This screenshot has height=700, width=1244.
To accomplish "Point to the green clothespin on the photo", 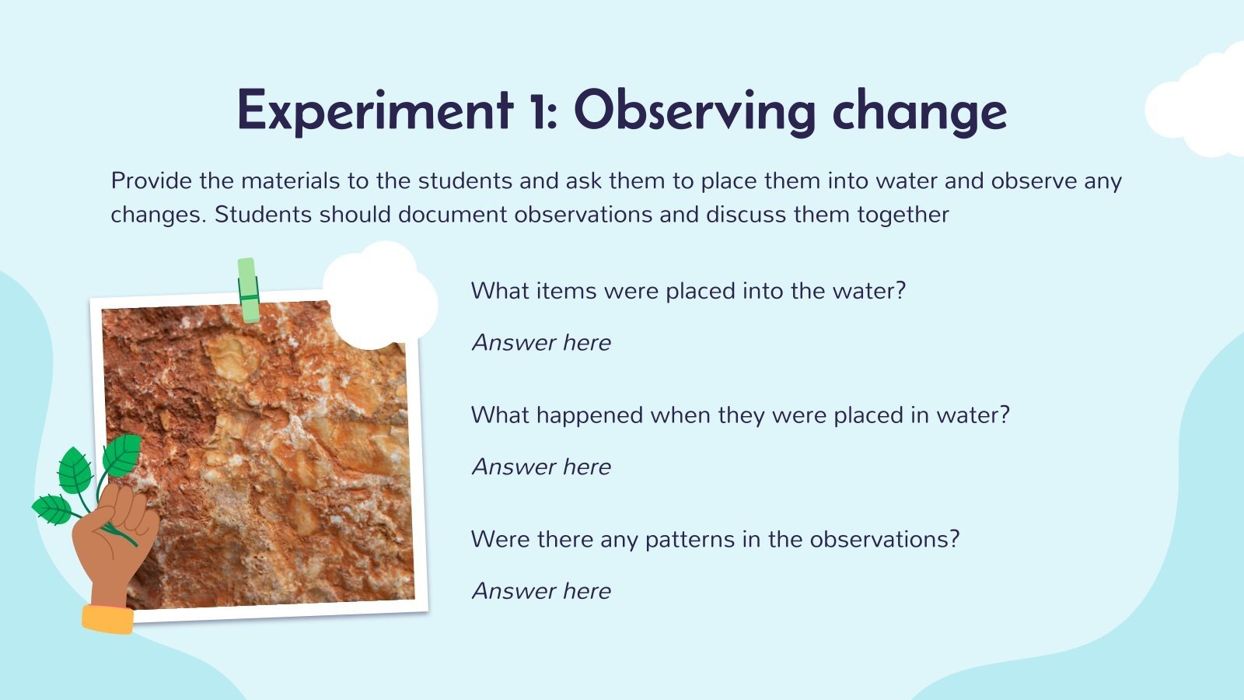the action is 248,290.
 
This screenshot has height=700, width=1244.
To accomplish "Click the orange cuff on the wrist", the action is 108,619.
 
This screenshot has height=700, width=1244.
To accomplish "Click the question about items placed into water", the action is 688,291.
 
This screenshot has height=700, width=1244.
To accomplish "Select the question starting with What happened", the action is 740,415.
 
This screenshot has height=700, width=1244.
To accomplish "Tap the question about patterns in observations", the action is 715,539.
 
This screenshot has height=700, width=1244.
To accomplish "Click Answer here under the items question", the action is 541,343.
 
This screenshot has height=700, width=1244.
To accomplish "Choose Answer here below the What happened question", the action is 541,467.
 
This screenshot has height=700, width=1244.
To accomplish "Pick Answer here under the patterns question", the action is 541,591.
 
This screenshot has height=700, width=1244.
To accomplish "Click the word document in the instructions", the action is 452,215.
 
